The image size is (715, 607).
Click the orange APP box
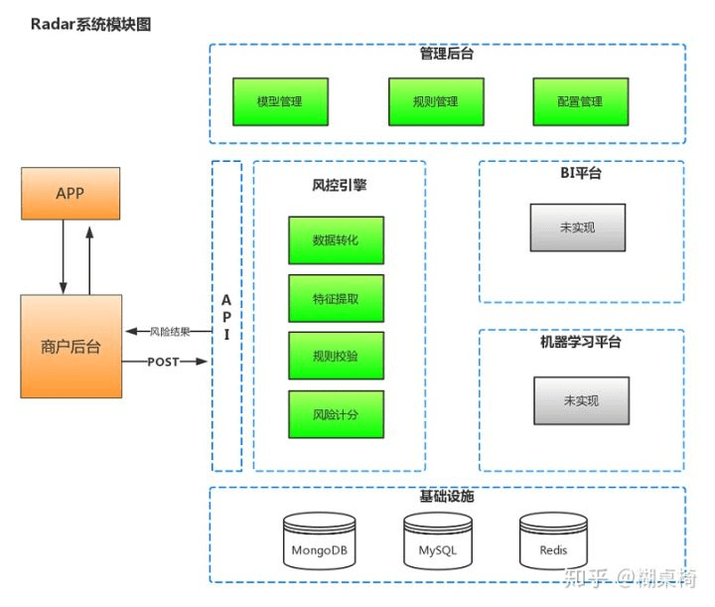[71, 194]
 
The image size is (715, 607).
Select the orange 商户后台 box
[71, 346]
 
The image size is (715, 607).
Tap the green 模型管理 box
[279, 101]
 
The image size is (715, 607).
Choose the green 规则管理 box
[435, 101]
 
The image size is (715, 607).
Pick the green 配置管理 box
[579, 101]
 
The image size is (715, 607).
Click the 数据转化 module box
[336, 240]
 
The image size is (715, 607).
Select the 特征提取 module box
[336, 298]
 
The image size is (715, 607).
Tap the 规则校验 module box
[336, 356]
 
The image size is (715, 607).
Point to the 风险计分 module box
[336, 414]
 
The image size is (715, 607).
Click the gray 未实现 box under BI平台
[577, 228]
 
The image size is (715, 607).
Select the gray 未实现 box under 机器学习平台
[581, 401]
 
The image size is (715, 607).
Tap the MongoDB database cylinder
[319, 540]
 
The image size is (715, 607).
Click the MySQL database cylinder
[437, 540]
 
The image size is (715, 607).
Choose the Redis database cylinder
[553, 540]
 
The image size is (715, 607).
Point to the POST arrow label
[163, 362]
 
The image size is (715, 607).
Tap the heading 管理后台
[447, 55]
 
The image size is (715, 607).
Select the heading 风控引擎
[339, 184]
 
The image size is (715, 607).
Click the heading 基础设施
[447, 496]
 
